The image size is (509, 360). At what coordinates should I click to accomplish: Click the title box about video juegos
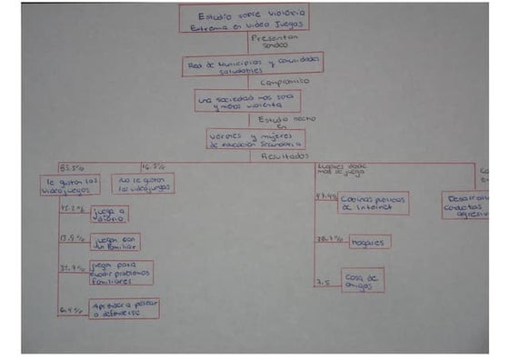pyautogui.click(x=243, y=18)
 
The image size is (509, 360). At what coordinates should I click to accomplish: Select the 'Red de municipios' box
pyautogui.click(x=240, y=64)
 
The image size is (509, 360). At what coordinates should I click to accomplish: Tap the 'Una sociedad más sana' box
pyautogui.click(x=247, y=100)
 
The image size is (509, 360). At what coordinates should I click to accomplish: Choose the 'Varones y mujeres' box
pyautogui.click(x=255, y=138)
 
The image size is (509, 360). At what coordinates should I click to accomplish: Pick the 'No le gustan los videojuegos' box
pyautogui.click(x=143, y=184)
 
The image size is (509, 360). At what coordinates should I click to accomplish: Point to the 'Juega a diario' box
pyautogui.click(x=109, y=215)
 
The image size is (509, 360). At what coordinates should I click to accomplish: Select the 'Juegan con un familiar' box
pyautogui.click(x=115, y=242)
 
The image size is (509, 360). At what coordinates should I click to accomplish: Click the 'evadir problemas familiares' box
pyautogui.click(x=121, y=273)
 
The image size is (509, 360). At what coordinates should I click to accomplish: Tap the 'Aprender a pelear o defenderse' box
pyautogui.click(x=124, y=309)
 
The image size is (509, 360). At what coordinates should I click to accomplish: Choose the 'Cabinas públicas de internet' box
pyautogui.click(x=374, y=203)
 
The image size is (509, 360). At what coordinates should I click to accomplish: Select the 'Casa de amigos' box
pyautogui.click(x=363, y=279)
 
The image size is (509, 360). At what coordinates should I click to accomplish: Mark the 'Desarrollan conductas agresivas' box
pyautogui.click(x=464, y=205)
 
